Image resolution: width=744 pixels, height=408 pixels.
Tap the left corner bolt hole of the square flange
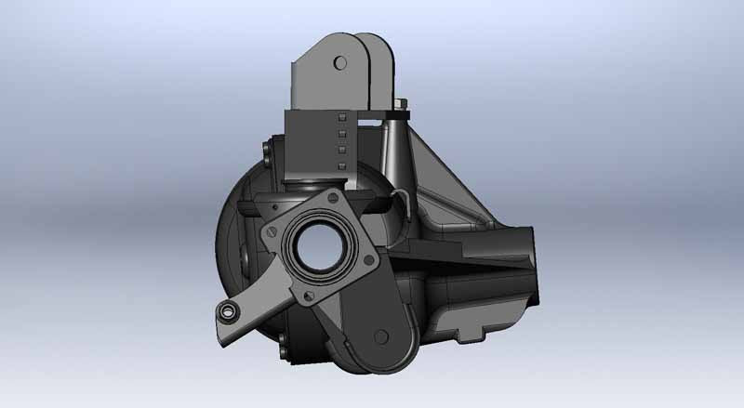[x=270, y=228]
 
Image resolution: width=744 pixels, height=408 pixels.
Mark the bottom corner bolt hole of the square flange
[x=305, y=296]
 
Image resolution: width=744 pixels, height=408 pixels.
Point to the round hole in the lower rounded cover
[x=379, y=336]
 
